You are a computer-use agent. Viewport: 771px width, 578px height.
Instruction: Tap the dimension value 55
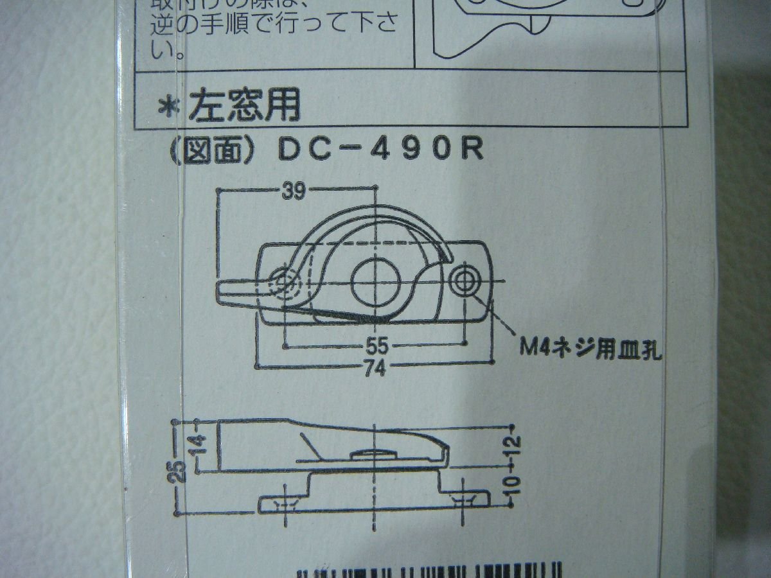pos(378,346)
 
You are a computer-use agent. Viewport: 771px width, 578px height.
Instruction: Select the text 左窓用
pos(244,107)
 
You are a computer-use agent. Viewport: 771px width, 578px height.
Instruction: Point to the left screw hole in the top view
pos(284,281)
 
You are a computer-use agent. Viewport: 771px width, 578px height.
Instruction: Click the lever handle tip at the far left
pos(228,290)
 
